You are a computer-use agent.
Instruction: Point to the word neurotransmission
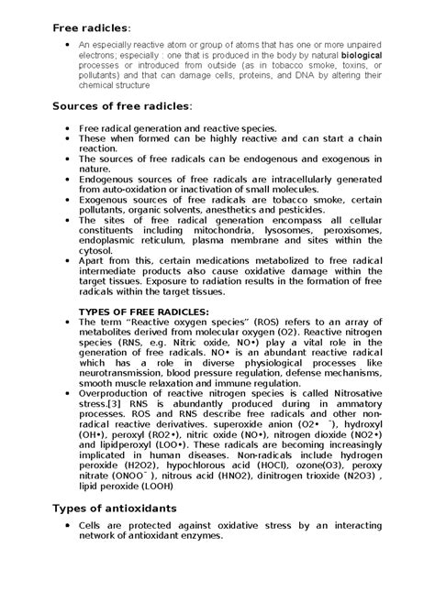(x=124, y=374)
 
